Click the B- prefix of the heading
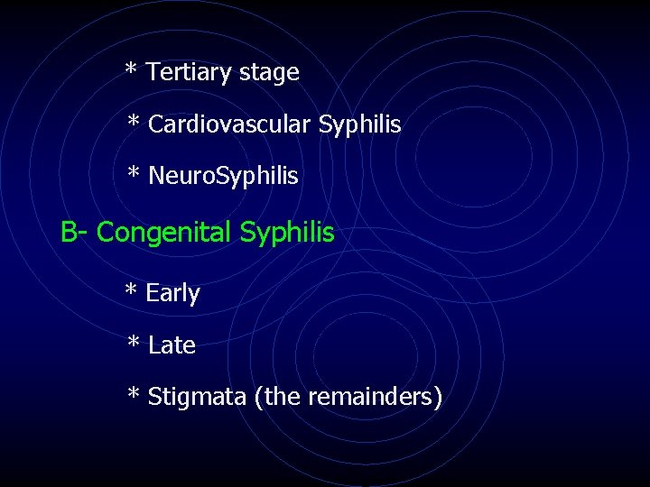point(74,233)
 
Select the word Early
point(172,294)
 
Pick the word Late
point(172,345)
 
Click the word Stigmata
point(196,397)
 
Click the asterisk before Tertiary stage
point(132,69)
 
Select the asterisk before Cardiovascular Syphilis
point(134,122)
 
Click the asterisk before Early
point(132,290)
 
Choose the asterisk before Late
point(134,342)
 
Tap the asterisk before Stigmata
point(134,394)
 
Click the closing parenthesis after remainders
point(438,397)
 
